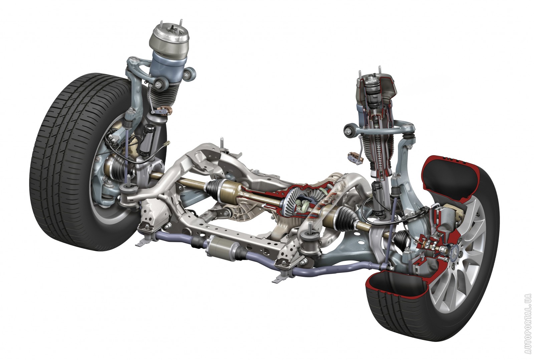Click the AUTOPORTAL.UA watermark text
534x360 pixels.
(529, 327)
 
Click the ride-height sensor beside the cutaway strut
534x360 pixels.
(355, 158)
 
